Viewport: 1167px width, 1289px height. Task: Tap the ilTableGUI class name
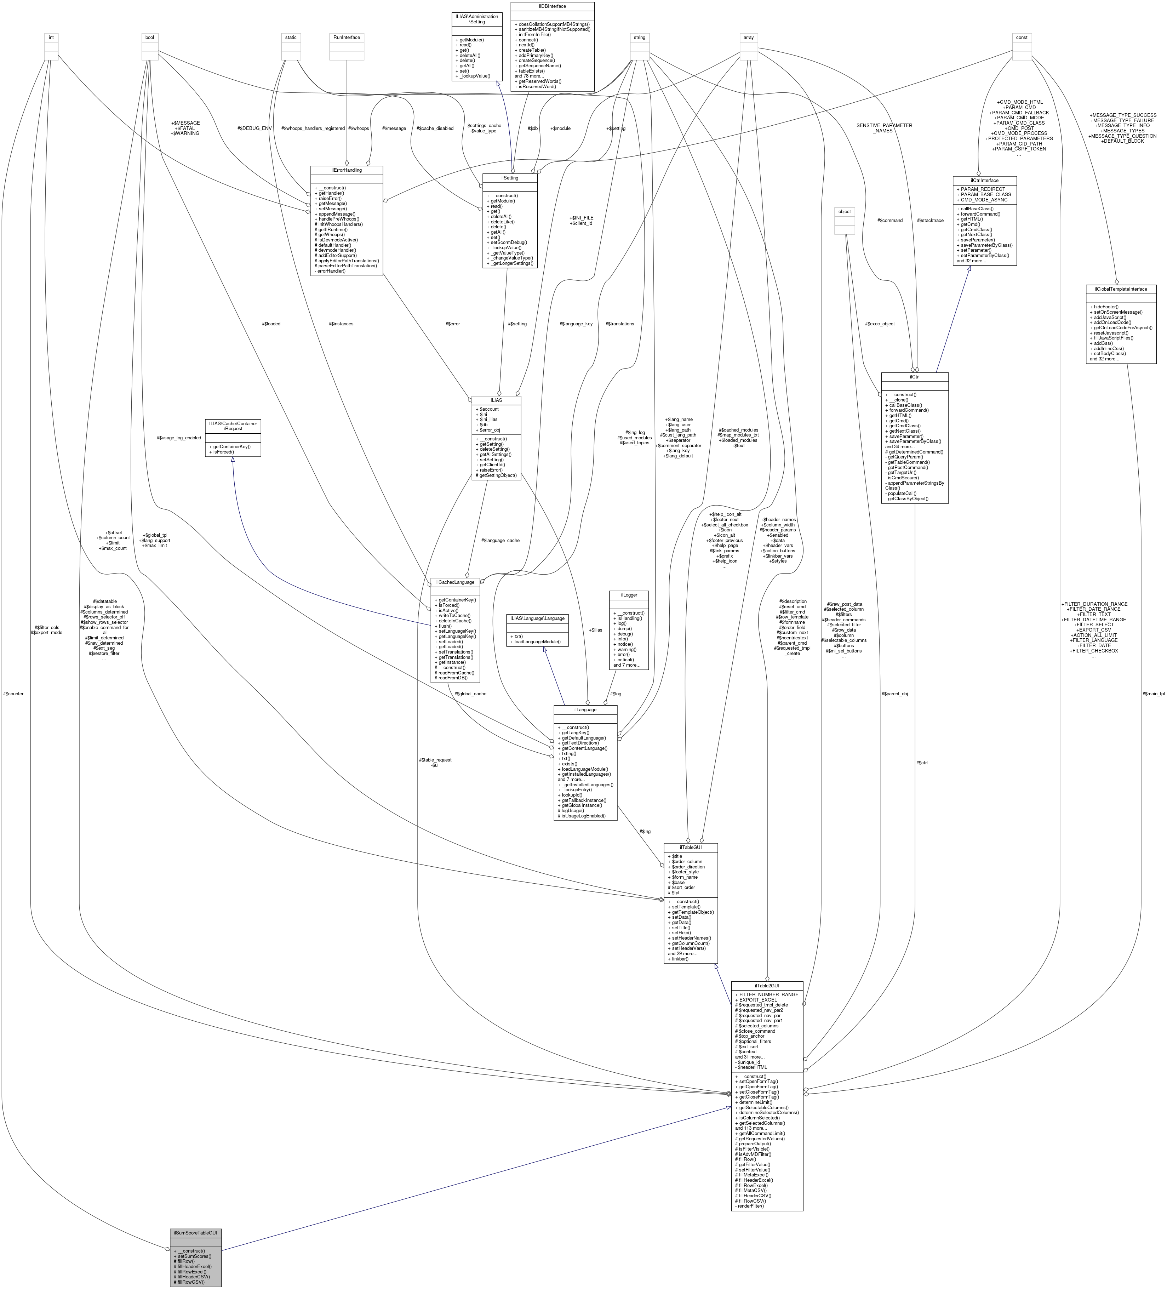click(690, 847)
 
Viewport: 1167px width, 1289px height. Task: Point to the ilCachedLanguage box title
click(456, 582)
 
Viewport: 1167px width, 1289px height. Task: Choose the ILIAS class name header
click(496, 400)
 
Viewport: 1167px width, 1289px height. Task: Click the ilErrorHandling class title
click(347, 170)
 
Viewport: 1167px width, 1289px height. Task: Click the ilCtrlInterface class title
click(984, 180)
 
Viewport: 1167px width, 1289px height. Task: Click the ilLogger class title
click(629, 595)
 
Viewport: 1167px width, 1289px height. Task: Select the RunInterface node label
click(347, 37)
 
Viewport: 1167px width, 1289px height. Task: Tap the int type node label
click(51, 37)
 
